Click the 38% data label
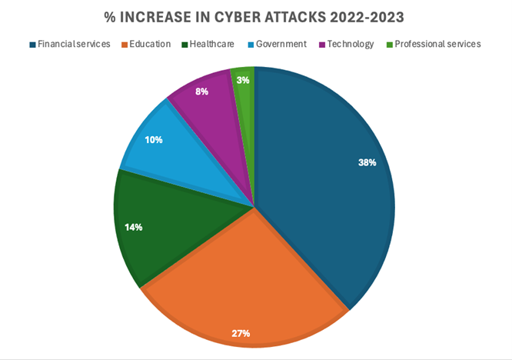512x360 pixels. (367, 162)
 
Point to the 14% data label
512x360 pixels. (133, 227)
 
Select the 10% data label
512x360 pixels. (153, 140)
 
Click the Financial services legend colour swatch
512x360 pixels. (32, 45)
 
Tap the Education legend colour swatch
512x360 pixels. (123, 45)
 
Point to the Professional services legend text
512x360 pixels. (437, 44)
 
